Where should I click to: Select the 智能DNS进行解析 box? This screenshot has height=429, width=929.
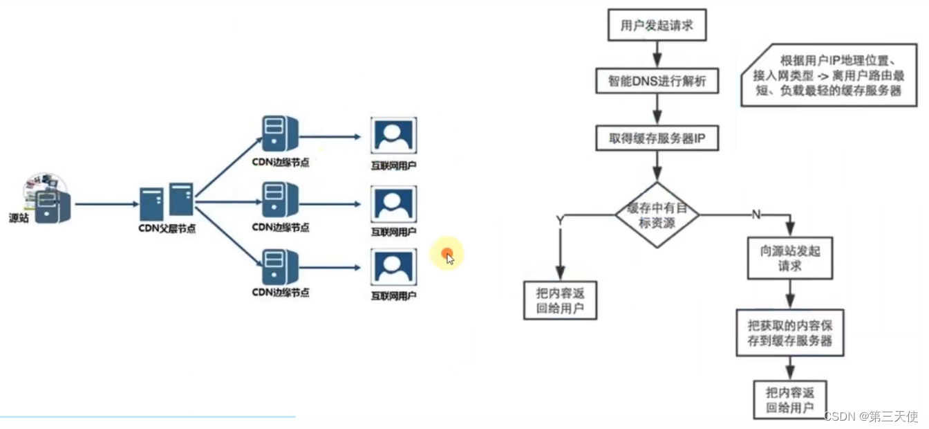point(657,82)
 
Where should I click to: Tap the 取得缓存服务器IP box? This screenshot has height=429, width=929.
point(657,138)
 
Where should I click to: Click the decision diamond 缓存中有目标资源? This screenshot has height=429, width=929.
point(657,214)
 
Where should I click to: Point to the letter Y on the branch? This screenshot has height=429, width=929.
point(559,220)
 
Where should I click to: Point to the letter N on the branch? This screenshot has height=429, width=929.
point(756,214)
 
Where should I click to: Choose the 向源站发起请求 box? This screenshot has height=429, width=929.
point(790,258)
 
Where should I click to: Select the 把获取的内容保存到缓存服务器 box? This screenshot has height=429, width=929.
point(790,333)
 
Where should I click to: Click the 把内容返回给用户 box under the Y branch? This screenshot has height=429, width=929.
point(559,300)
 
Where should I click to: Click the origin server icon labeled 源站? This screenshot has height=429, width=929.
point(50,202)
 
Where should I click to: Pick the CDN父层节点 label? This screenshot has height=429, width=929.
point(166,228)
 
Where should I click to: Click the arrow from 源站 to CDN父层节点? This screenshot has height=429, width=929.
point(107,204)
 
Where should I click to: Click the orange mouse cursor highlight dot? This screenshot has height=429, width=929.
point(447,255)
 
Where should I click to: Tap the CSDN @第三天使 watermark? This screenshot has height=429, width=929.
point(871,417)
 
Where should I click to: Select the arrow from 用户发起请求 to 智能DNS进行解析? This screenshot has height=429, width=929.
point(657,53)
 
